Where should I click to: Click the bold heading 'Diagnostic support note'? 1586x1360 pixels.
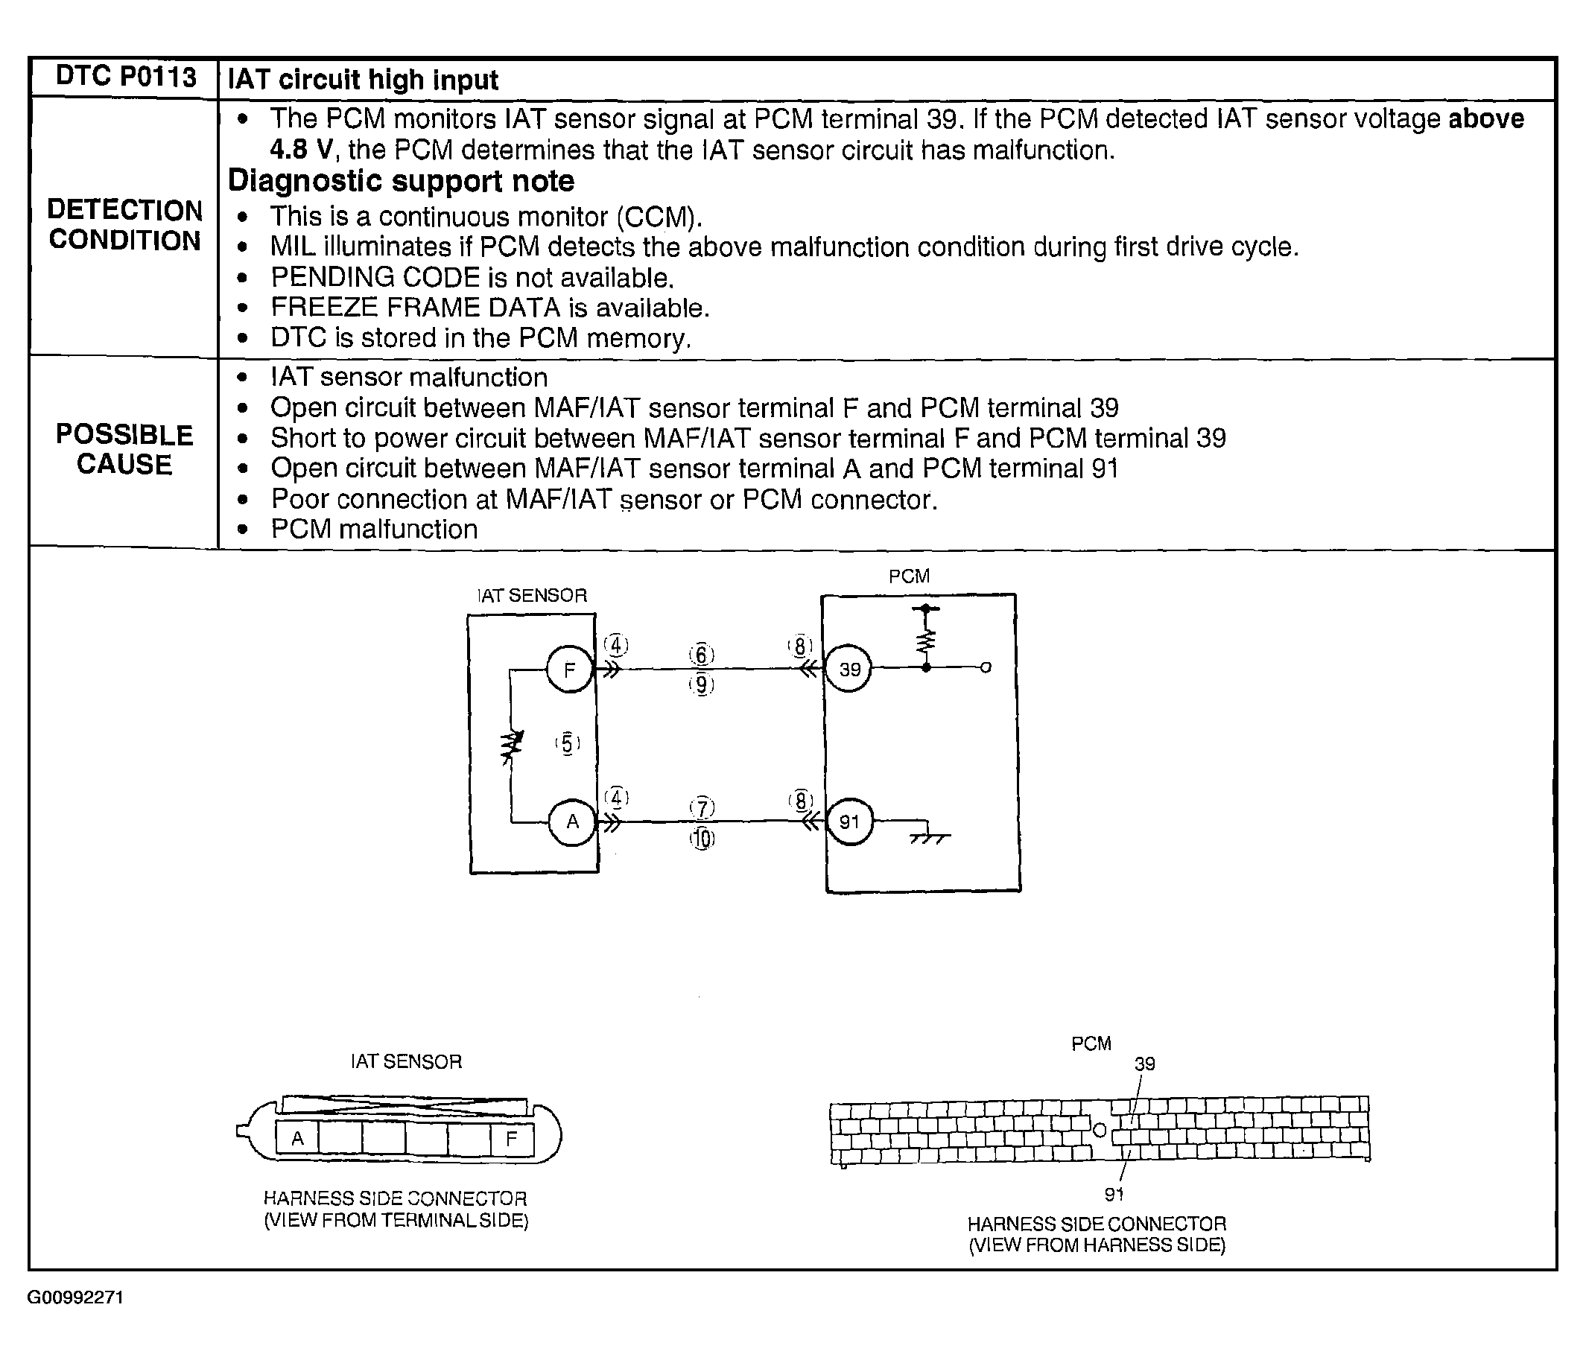(x=401, y=182)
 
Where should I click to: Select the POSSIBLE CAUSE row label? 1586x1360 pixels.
(x=124, y=449)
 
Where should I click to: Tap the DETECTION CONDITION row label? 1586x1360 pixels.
(x=124, y=225)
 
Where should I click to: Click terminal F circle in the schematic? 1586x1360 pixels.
(x=569, y=670)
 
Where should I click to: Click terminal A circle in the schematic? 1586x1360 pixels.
(x=572, y=822)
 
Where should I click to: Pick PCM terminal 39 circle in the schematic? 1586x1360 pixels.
(x=849, y=670)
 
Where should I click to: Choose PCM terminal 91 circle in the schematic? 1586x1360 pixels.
(x=849, y=822)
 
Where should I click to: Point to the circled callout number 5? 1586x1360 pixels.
(x=567, y=743)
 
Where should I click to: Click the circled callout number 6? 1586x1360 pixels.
(x=701, y=655)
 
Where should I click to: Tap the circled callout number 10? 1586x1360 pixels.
(x=702, y=839)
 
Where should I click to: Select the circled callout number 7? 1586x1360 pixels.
(x=702, y=807)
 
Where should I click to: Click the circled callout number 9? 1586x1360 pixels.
(x=701, y=684)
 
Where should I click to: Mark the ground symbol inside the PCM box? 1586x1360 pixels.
(x=928, y=836)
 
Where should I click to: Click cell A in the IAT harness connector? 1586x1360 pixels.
(x=297, y=1138)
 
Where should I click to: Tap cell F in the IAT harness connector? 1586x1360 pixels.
(x=511, y=1138)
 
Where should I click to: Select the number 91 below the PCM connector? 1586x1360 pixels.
(x=1114, y=1194)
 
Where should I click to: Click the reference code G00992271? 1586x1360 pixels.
(x=75, y=1297)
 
